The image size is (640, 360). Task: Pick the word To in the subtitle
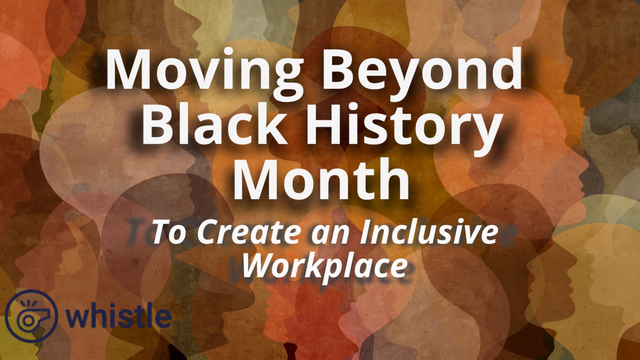pyautogui.click(x=168, y=232)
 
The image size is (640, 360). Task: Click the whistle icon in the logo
pyautogui.click(x=30, y=316)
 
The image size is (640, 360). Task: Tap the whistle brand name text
pyautogui.click(x=119, y=316)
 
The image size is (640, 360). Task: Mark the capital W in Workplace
pyautogui.click(x=258, y=265)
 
